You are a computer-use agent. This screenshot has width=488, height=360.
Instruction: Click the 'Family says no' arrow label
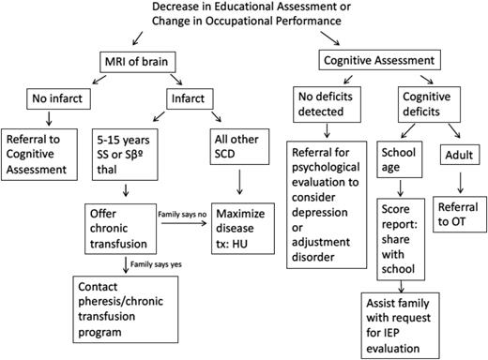[x=189, y=214]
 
